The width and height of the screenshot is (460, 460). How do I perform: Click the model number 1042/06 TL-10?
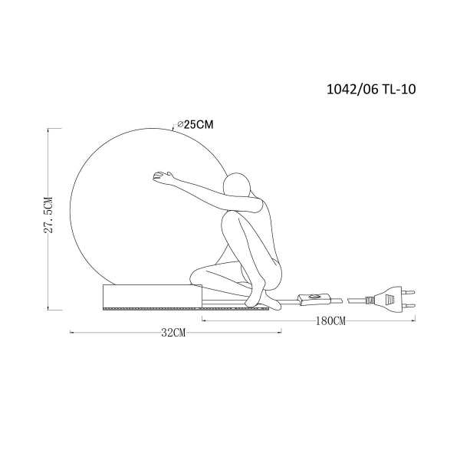click(371, 89)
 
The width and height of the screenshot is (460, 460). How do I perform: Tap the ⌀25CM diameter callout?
click(195, 125)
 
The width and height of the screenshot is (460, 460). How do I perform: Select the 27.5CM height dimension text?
click(48, 215)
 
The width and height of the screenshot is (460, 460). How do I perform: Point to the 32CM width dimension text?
click(174, 333)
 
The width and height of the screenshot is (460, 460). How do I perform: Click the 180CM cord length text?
click(330, 321)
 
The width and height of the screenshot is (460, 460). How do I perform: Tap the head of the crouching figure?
click(237, 185)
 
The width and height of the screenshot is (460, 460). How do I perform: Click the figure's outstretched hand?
click(161, 176)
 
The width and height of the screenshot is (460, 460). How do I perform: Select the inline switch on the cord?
click(314, 299)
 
